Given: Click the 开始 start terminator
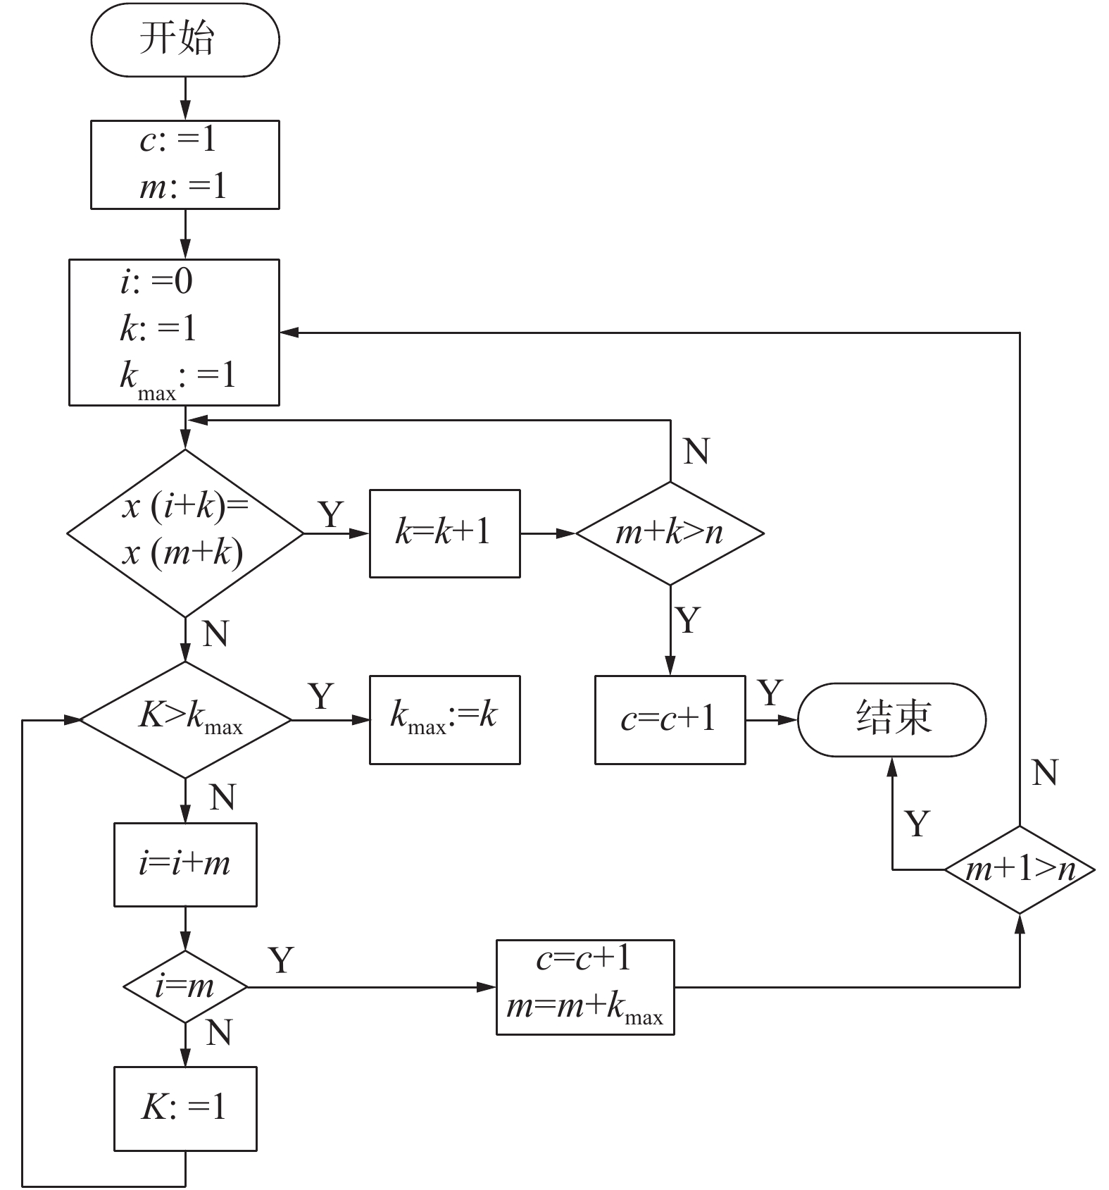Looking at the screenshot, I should pyautogui.click(x=185, y=39).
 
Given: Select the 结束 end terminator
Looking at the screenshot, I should pyautogui.click(x=892, y=719).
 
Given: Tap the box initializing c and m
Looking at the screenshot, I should pyautogui.click(x=185, y=165).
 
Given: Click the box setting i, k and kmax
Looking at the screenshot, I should pyautogui.click(x=174, y=333).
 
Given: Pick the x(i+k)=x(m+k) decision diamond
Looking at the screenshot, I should pyautogui.click(x=185, y=533).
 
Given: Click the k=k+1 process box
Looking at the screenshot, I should pyautogui.click(x=445, y=533).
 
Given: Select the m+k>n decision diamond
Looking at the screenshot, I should pyautogui.click(x=670, y=533).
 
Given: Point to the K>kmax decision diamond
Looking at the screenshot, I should pyautogui.click(x=185, y=719).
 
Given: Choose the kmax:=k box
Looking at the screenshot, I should pyautogui.click(x=445, y=719).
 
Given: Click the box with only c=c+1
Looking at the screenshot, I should pyautogui.click(x=670, y=719).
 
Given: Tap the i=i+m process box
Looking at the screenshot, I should pyautogui.click(x=185, y=864).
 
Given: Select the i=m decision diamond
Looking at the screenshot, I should pyautogui.click(x=185, y=986).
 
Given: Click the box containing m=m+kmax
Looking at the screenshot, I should pyautogui.click(x=585, y=987).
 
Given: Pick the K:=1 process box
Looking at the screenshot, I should pyautogui.click(x=185, y=1108).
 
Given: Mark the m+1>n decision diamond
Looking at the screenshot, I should pyautogui.click(x=1020, y=870).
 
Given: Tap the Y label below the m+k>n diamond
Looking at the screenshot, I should pyautogui.click(x=688, y=620).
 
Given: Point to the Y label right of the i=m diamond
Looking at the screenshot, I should pyautogui.click(x=281, y=960).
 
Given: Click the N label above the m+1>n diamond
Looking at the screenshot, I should pyautogui.click(x=1045, y=773).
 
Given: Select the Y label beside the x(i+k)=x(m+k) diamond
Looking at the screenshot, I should pyautogui.click(x=331, y=514).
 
